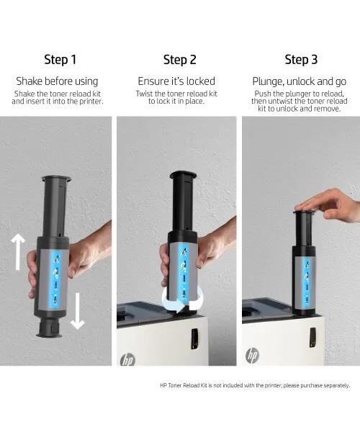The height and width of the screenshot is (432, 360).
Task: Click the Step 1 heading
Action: [x=60, y=60]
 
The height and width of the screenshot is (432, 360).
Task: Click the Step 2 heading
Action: [x=179, y=60]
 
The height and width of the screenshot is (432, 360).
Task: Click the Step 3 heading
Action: [x=301, y=60]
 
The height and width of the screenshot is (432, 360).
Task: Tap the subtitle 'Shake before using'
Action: [x=57, y=81]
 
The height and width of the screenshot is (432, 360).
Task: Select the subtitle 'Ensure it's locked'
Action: [x=176, y=81]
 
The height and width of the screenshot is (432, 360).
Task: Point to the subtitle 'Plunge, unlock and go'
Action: [x=300, y=81]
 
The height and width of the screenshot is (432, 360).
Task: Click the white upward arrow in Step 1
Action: [x=18, y=251]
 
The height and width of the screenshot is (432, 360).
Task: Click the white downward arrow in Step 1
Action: [x=77, y=311]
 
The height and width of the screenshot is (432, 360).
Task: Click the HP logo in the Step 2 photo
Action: [x=128, y=360]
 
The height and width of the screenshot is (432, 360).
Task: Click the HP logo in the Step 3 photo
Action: [x=252, y=356]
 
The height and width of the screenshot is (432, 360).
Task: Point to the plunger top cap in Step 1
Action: [x=56, y=179]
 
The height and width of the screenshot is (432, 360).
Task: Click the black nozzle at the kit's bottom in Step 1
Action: [x=50, y=327]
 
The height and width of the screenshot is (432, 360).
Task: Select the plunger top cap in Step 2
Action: [x=183, y=175]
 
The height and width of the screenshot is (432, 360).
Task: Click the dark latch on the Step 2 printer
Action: [x=194, y=338]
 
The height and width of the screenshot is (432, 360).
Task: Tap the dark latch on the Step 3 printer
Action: [x=312, y=337]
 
